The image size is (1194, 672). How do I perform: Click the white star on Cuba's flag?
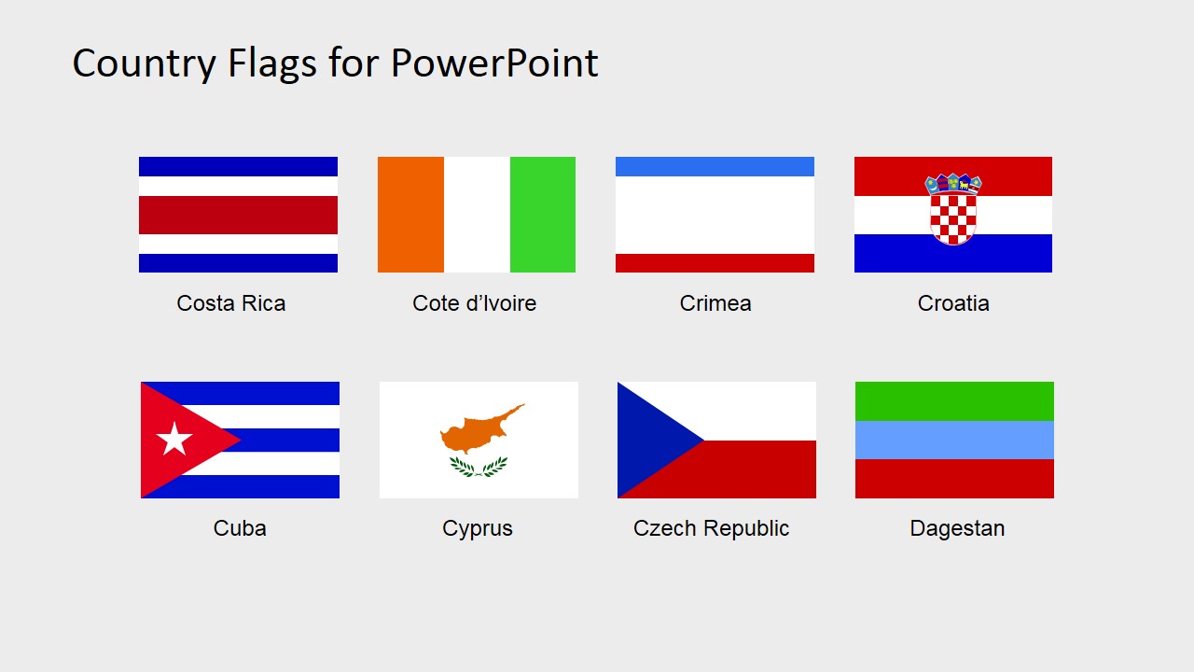click(174, 440)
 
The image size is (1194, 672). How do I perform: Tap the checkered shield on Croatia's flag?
click(953, 217)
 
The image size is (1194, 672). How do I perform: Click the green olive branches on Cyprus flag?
click(479, 466)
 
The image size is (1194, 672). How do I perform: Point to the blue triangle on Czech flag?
click(648, 440)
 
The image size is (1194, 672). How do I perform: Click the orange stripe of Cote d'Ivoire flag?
click(410, 215)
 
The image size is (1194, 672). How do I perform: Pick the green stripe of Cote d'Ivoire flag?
click(543, 215)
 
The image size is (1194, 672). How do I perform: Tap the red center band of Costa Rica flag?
click(238, 215)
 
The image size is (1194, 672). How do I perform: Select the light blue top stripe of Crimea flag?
click(715, 166)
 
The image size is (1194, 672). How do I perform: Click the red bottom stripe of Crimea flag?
click(715, 263)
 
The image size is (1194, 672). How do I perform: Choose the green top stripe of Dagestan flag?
click(954, 400)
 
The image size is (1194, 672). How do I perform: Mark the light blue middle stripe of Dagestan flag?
click(954, 440)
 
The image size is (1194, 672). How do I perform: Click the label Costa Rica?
click(231, 303)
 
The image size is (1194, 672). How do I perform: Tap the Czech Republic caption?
click(711, 528)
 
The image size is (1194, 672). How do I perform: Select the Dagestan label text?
click(957, 528)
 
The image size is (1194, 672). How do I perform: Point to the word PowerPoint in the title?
click(494, 63)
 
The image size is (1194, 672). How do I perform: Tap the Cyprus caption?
click(478, 528)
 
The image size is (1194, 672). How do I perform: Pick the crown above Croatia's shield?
click(953, 183)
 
